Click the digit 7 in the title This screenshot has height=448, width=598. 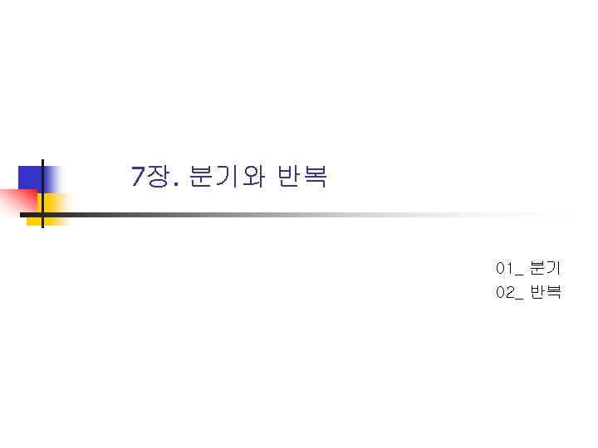(x=139, y=176)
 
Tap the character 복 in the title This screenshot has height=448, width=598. (x=315, y=176)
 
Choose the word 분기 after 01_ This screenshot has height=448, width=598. (x=546, y=268)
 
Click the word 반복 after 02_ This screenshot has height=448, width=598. (x=546, y=292)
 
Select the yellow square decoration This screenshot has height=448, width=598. (x=55, y=203)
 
